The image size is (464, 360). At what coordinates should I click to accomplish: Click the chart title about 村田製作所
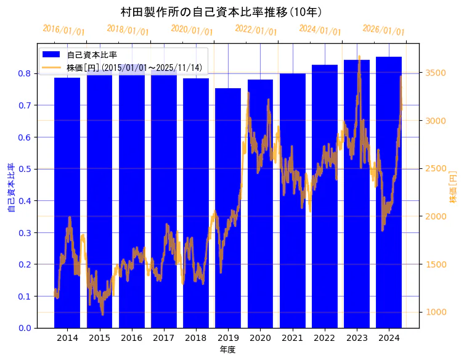click(221, 12)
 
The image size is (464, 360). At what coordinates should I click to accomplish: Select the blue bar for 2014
click(67, 203)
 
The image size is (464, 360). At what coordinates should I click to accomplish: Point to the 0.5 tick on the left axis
click(25, 169)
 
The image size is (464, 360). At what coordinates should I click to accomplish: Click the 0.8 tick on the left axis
click(25, 73)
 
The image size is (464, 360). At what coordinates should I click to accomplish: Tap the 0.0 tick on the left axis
click(25, 328)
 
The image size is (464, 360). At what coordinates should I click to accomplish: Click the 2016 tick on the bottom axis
click(131, 338)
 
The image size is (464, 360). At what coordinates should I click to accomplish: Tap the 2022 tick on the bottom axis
click(324, 338)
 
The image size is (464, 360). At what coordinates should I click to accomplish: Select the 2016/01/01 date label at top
click(64, 30)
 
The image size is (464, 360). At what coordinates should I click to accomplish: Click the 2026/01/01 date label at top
click(384, 30)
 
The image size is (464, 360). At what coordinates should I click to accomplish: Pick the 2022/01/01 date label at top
click(256, 30)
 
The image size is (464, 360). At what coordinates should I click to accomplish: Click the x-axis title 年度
click(228, 350)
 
